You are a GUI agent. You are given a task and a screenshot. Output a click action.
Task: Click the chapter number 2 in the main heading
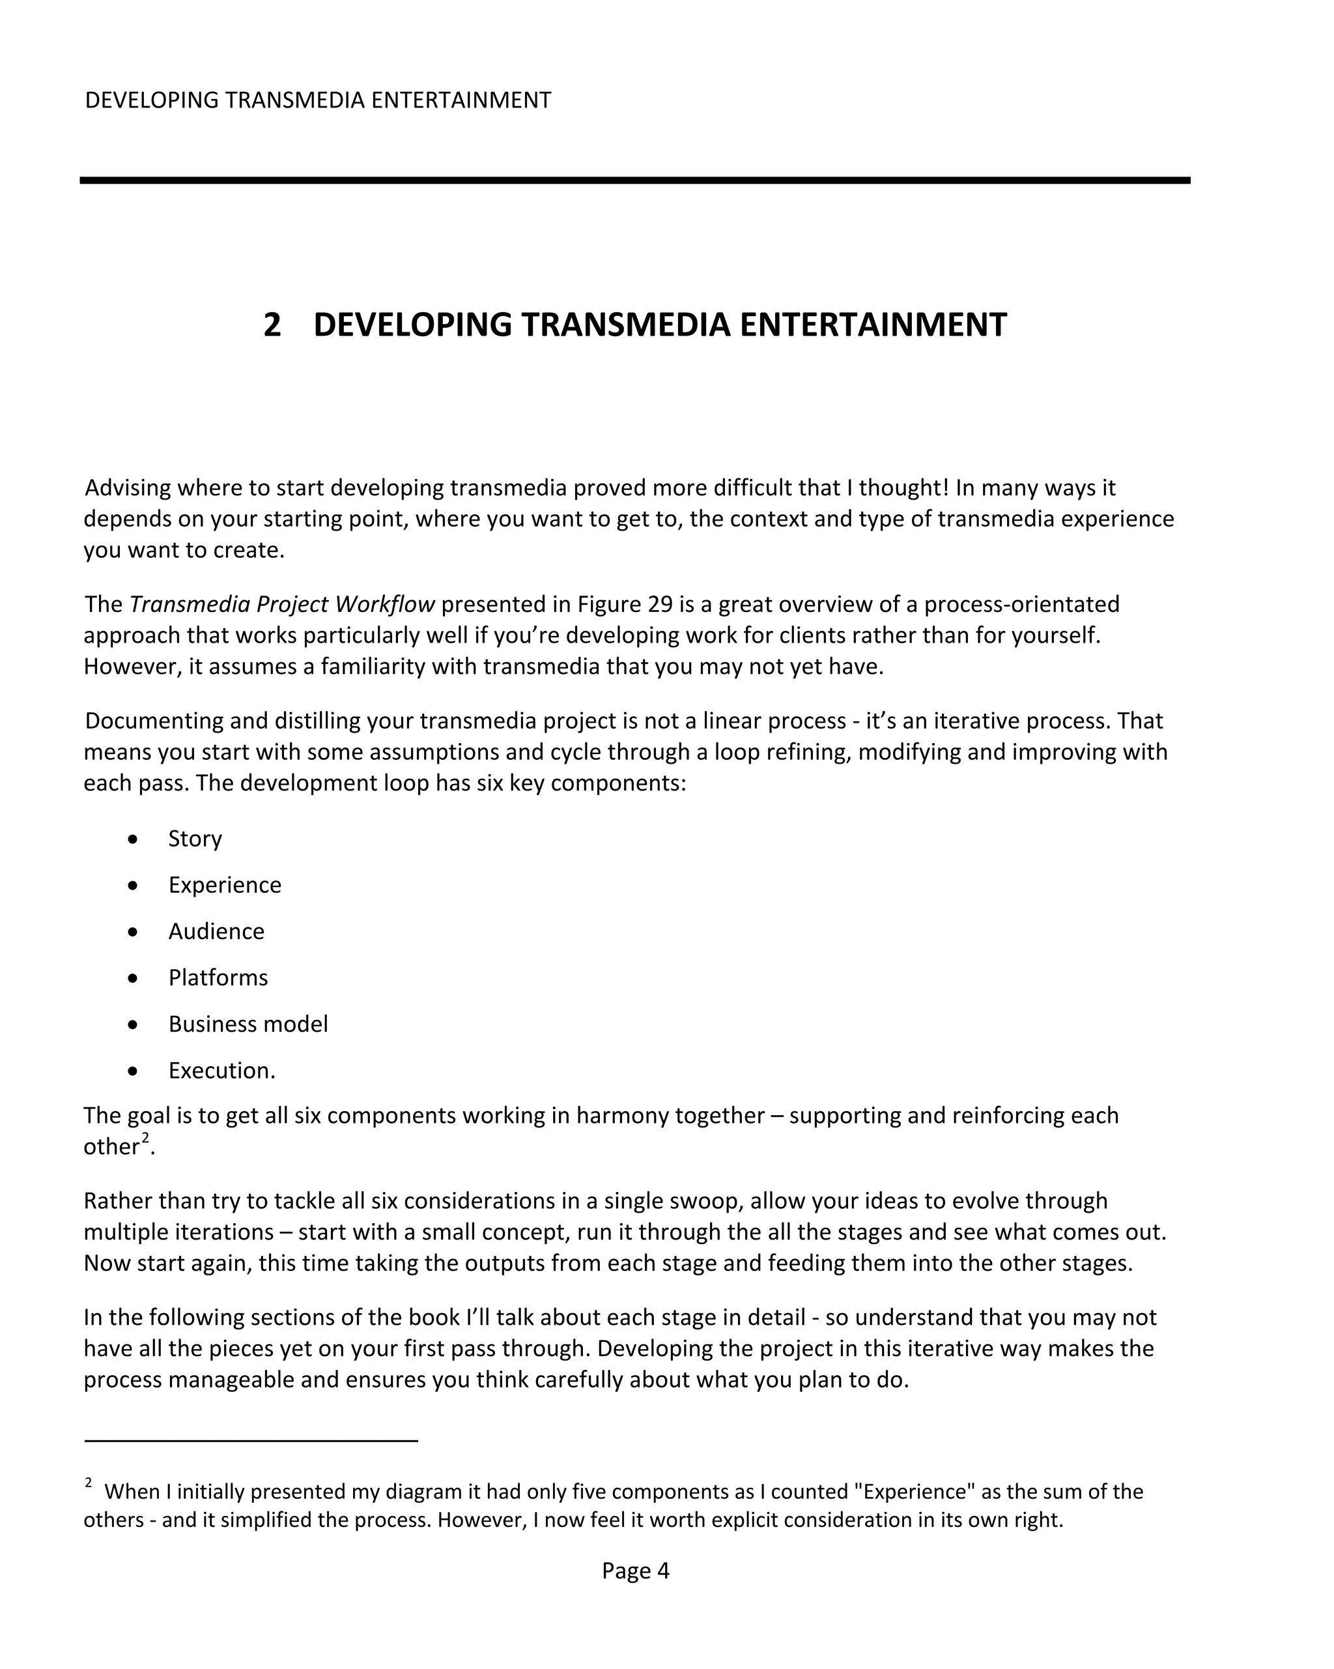coord(272,325)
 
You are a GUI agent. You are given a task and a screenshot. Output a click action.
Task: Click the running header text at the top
coord(317,100)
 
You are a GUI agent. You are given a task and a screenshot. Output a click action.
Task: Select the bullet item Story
coord(195,838)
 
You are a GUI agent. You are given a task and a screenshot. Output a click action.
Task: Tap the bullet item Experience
coord(225,885)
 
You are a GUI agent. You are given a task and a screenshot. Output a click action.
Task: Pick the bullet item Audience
coord(216,931)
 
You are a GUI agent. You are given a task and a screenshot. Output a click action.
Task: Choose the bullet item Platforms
coord(218,978)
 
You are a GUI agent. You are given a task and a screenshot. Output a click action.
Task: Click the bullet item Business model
coord(248,1024)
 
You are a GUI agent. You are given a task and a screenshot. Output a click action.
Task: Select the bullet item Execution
coord(221,1071)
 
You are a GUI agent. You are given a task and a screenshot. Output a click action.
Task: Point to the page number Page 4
coord(635,1571)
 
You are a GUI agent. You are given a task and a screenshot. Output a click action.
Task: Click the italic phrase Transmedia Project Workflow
coord(281,605)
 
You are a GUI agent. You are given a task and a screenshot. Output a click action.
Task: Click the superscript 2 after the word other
coord(145,1138)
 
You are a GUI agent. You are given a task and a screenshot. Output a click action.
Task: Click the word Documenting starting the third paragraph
coord(154,721)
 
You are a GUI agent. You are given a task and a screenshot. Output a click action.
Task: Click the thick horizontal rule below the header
coord(634,181)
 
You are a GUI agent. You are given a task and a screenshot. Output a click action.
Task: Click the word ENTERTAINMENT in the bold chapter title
coord(873,325)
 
